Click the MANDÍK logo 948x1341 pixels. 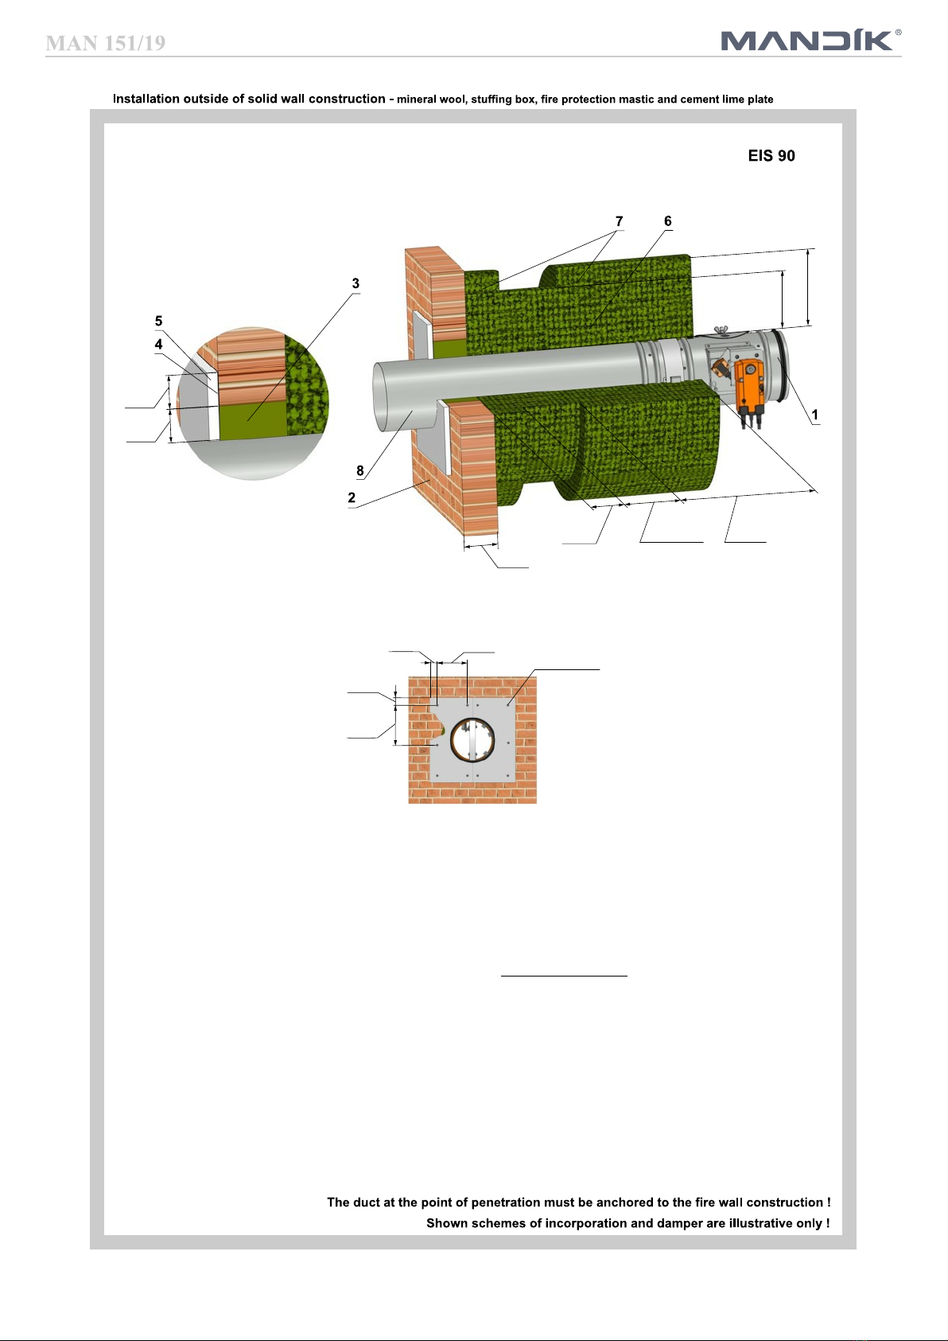pyautogui.click(x=807, y=40)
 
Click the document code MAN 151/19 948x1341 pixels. pyautogui.click(x=105, y=43)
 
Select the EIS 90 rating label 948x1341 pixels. pyautogui.click(x=771, y=156)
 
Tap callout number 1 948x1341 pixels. pyautogui.click(x=814, y=415)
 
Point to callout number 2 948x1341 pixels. pyautogui.click(x=352, y=497)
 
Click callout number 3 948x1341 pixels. pyautogui.click(x=355, y=283)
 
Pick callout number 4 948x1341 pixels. pyautogui.click(x=158, y=345)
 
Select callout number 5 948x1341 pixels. pyautogui.click(x=158, y=321)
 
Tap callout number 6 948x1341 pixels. pyautogui.click(x=668, y=221)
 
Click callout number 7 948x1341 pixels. pyautogui.click(x=619, y=221)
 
